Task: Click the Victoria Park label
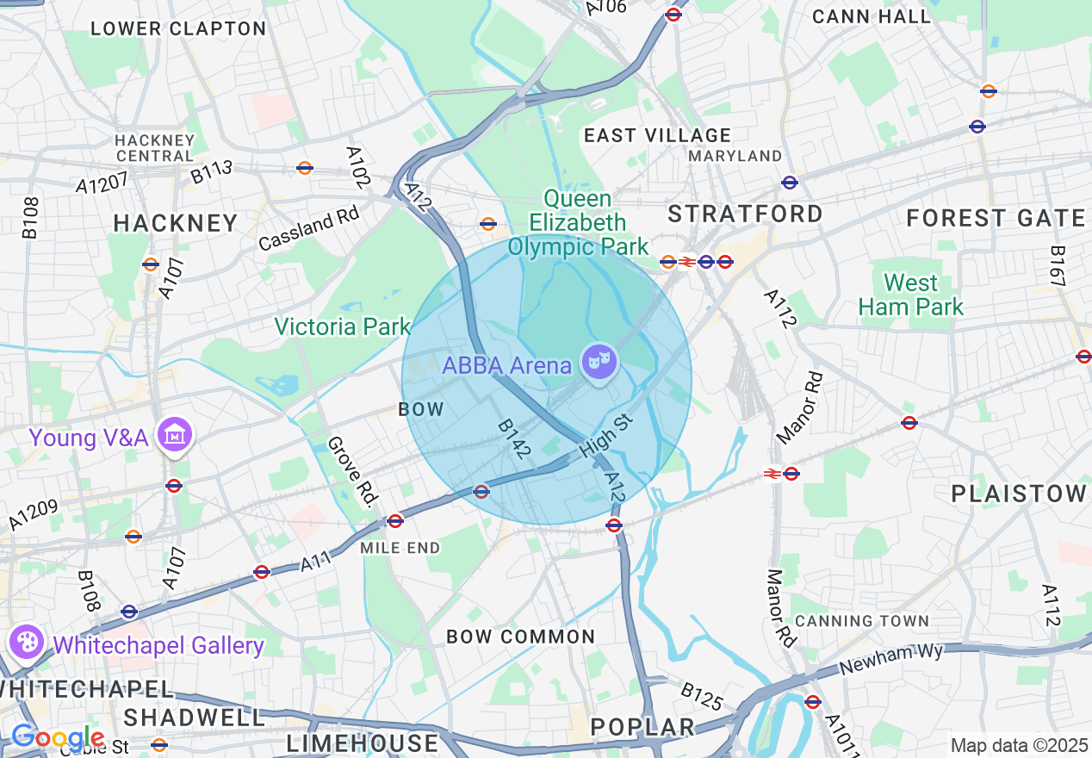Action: click(x=343, y=327)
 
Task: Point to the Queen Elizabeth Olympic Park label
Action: click(x=578, y=224)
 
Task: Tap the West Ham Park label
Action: click(x=911, y=295)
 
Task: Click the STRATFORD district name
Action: click(x=746, y=214)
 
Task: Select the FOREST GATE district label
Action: click(x=996, y=219)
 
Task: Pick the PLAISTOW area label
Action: click(x=1019, y=494)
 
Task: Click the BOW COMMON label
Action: click(x=520, y=637)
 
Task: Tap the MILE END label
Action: click(x=400, y=548)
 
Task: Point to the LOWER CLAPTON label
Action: click(x=178, y=29)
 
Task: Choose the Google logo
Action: click(x=57, y=738)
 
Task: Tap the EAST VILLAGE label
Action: click(x=657, y=136)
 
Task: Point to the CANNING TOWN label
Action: click(x=862, y=621)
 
